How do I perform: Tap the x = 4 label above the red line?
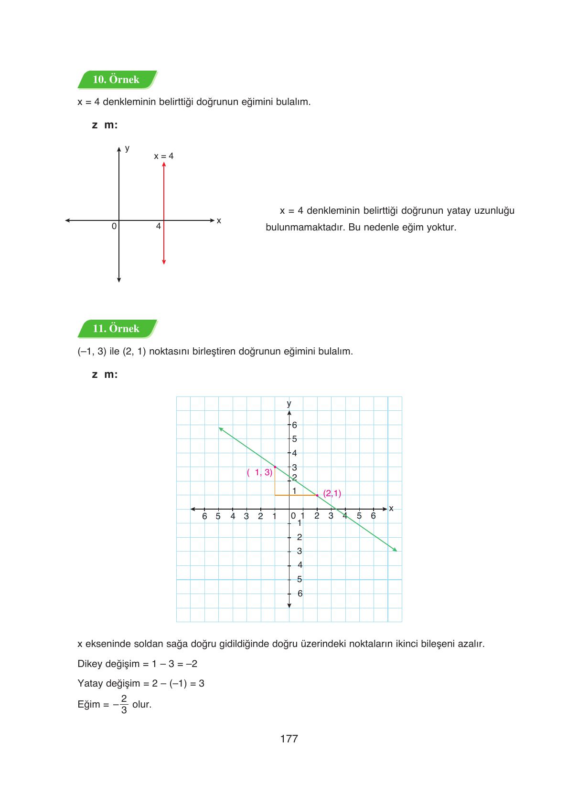(164, 156)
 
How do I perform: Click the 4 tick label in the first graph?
(158, 227)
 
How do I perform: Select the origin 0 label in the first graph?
(114, 227)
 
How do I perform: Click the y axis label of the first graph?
(127, 148)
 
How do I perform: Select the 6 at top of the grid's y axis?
(294, 425)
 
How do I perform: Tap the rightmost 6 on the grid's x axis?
(373, 516)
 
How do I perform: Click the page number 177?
(289, 739)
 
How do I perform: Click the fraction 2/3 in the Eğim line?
(124, 704)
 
